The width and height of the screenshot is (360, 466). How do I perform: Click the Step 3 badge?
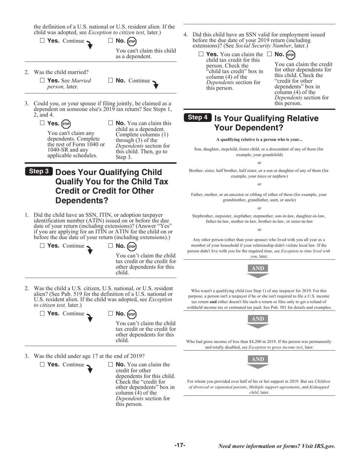(39, 171)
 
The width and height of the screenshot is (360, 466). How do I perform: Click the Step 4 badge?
(198, 117)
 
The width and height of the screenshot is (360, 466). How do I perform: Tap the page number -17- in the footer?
(180, 446)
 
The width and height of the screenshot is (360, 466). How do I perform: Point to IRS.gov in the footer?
(324, 446)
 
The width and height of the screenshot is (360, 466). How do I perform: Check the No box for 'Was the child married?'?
(111, 80)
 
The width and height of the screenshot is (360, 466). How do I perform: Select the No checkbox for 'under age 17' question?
(111, 364)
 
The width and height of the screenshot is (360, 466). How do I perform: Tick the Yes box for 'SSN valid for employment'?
(201, 54)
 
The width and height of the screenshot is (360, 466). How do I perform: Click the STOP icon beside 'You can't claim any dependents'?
(66, 124)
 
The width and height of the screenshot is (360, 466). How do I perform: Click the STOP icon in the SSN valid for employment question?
(290, 55)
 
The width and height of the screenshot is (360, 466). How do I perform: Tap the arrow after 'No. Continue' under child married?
(155, 84)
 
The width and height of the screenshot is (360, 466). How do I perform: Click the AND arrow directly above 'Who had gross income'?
(258, 321)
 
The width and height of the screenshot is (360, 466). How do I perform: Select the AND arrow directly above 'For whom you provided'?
(258, 361)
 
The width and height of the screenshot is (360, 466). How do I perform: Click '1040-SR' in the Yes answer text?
(58, 150)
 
